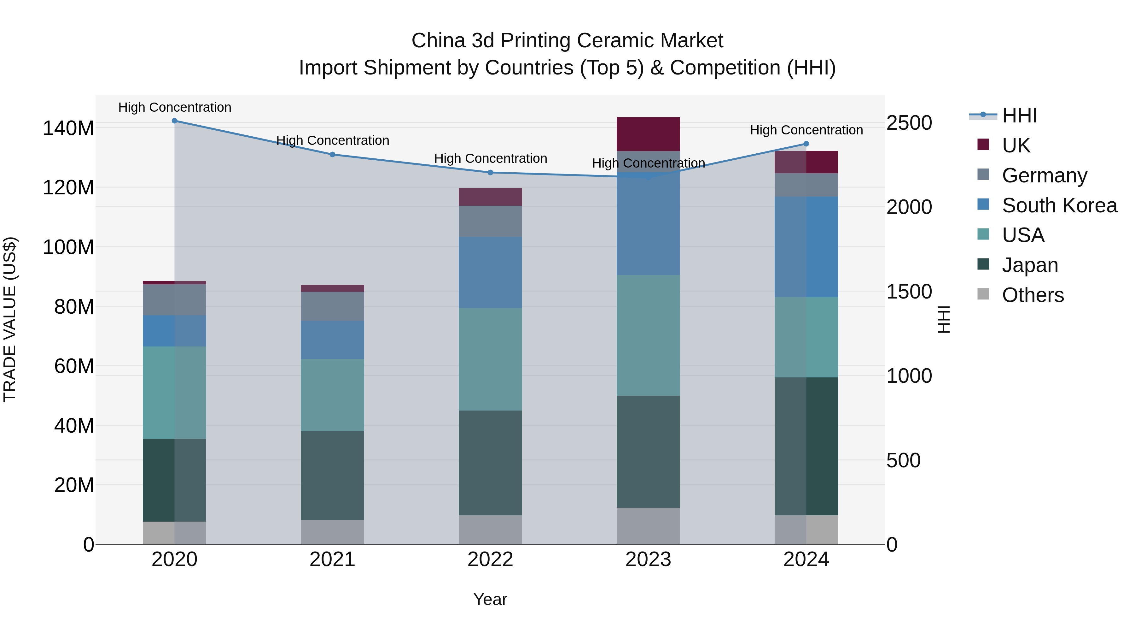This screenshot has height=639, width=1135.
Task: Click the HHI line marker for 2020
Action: click(174, 121)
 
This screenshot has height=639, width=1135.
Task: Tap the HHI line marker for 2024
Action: click(806, 144)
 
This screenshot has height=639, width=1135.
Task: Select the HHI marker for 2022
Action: click(490, 172)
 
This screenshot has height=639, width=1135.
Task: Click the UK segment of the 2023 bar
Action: click(648, 134)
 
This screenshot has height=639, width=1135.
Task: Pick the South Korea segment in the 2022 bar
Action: click(490, 273)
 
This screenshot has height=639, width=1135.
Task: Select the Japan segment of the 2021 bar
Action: click(332, 476)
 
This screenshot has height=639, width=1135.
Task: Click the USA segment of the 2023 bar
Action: click(648, 335)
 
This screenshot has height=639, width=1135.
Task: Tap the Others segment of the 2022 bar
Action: click(490, 530)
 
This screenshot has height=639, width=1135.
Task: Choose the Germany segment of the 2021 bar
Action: click(332, 306)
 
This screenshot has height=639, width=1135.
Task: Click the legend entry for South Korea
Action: click(1059, 205)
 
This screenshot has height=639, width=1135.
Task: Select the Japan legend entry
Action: click(1030, 265)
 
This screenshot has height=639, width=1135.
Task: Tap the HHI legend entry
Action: click(1019, 116)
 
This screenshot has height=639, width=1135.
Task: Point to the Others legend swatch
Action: click(983, 294)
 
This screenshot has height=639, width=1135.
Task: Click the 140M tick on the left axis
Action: click(68, 128)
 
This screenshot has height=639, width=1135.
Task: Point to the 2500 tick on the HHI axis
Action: click(909, 123)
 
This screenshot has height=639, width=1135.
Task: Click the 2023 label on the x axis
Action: click(648, 559)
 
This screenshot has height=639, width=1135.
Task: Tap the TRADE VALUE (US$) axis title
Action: click(10, 319)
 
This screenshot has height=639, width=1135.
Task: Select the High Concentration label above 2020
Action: click(174, 107)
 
